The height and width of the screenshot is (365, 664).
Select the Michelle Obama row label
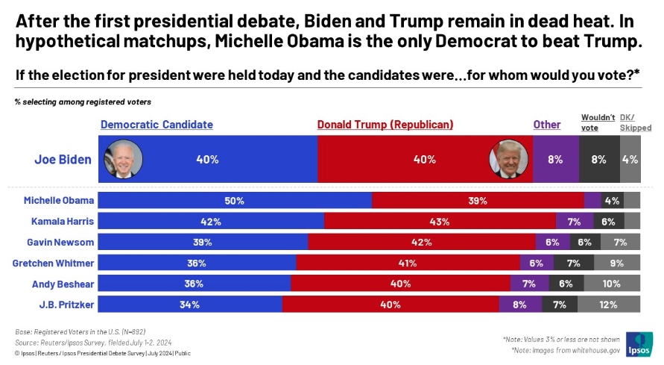pos(59,200)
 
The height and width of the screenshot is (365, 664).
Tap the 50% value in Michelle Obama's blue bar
pos(235,200)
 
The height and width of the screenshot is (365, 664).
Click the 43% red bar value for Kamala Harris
pos(439,222)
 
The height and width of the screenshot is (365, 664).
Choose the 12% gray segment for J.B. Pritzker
pos(607,305)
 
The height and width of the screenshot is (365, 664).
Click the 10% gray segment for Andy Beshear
pos(611,284)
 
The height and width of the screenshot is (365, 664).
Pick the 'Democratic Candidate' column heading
pos(156,125)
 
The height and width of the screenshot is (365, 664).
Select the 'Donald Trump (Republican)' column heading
pos(385,125)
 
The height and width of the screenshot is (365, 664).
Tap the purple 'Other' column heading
pos(547,125)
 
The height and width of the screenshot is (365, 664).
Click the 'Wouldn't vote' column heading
pos(598,122)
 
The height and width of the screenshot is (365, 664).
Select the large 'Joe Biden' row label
pos(63,159)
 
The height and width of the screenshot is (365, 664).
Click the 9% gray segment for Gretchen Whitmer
pos(617,263)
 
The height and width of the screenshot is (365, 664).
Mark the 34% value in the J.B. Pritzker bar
pos(190,305)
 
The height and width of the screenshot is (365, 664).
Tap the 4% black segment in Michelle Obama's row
pos(612,200)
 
